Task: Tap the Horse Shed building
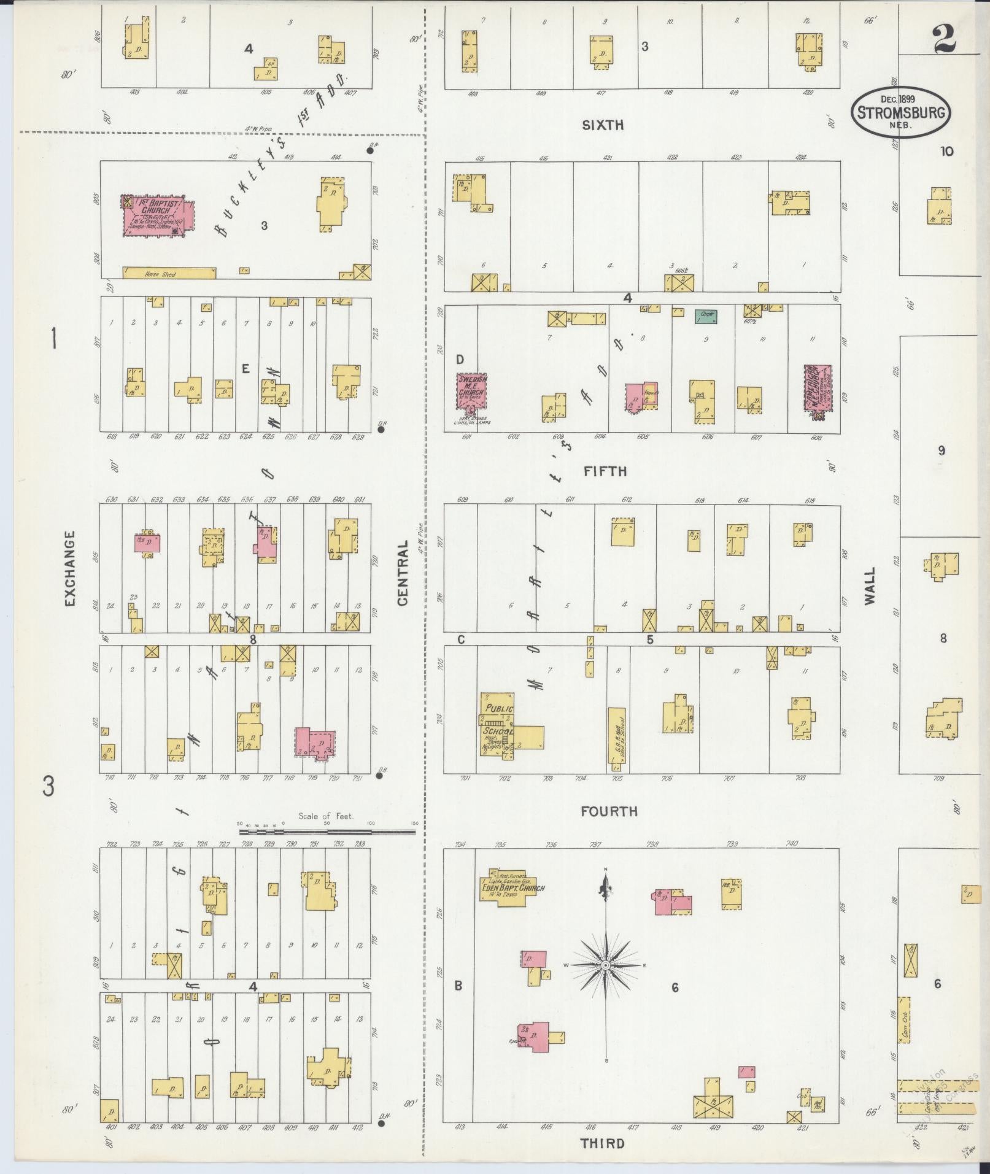click(x=169, y=273)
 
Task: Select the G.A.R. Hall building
click(x=616, y=740)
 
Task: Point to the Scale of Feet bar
click(x=327, y=832)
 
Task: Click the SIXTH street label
click(x=603, y=125)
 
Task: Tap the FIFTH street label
click(x=605, y=471)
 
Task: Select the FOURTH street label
click(x=609, y=811)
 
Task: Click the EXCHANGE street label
click(x=69, y=568)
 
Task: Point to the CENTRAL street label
click(x=403, y=573)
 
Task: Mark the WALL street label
click(x=870, y=586)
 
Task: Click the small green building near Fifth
click(x=706, y=317)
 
